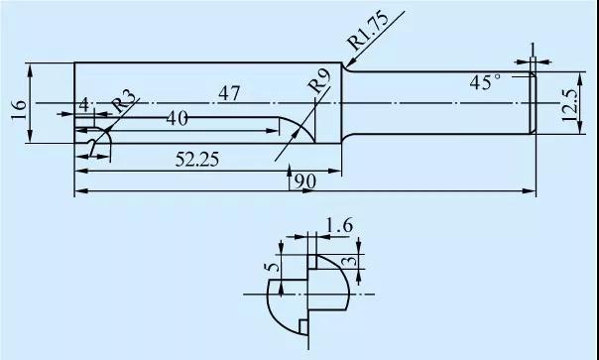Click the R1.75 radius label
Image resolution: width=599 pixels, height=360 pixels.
point(369,31)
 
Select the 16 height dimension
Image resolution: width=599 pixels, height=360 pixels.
point(19,110)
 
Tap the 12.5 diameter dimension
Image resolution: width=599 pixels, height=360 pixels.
point(569,105)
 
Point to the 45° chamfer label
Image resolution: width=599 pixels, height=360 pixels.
point(485,82)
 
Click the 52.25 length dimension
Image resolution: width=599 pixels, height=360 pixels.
point(197,160)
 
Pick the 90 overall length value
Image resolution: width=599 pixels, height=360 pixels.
point(305,181)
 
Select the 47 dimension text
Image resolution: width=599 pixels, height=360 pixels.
point(229,93)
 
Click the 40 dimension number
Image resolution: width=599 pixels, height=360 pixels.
point(177,119)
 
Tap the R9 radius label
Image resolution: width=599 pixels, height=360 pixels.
point(319,81)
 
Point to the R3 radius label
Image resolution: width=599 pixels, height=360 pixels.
point(124,101)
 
